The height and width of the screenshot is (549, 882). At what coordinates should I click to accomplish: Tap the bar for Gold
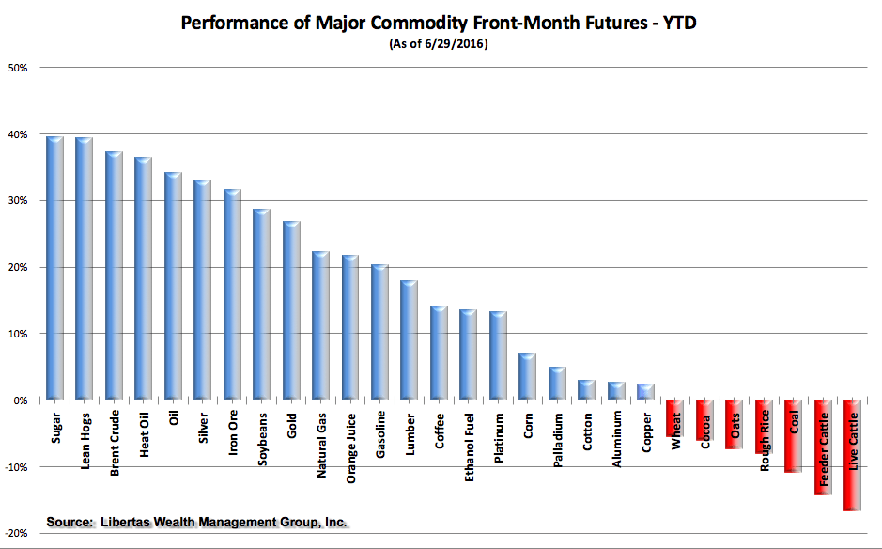point(291,310)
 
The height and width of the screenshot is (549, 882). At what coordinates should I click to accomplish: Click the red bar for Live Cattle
point(852,456)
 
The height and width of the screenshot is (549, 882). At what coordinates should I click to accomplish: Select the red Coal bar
point(793,436)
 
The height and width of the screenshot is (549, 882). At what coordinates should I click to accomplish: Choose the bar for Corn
point(527,377)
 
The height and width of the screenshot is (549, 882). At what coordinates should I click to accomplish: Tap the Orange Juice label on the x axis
point(350,448)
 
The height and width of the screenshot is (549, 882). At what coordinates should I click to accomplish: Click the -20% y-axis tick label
point(18,533)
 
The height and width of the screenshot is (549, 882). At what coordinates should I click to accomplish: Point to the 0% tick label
point(23,400)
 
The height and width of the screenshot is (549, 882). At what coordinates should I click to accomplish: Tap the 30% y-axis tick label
point(21,201)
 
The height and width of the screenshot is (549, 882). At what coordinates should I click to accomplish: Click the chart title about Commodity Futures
point(440,22)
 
